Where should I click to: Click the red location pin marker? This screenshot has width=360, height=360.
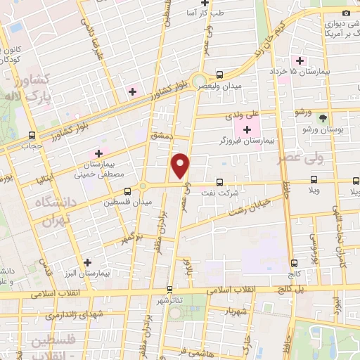pyautogui.click(x=181, y=165)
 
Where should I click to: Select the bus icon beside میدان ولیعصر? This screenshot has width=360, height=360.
pyautogui.click(x=219, y=75)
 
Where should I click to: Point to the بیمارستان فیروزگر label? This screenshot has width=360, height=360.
pyautogui.click(x=247, y=141)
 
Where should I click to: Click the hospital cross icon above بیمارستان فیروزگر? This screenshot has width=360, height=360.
pyautogui.click(x=247, y=129)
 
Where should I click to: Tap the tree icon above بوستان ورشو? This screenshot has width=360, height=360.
pyautogui.click(x=323, y=117)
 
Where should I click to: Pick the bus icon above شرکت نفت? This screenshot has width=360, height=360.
pyautogui.click(x=219, y=181)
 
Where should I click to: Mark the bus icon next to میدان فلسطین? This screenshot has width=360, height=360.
pyautogui.click(x=127, y=190)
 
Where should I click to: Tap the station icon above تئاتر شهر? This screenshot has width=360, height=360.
pyautogui.click(x=169, y=289)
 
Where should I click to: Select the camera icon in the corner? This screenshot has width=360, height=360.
pyautogui.click(x=345, y=13)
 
